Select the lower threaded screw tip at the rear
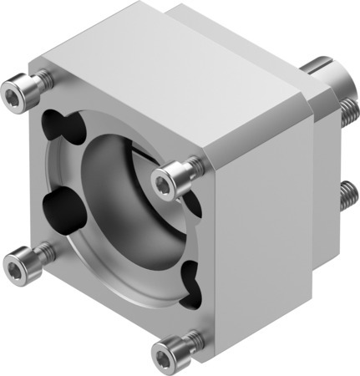point(346,196)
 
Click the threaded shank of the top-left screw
point(42,81)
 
